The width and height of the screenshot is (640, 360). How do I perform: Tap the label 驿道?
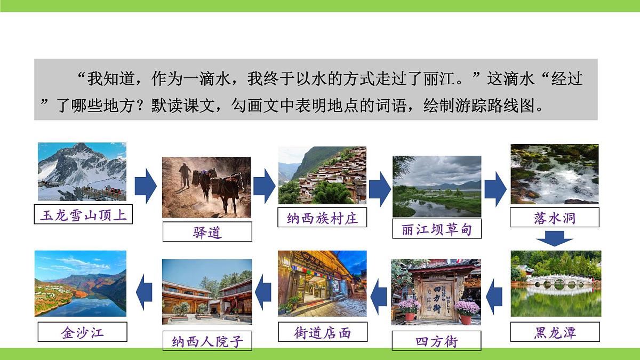tap(207, 232)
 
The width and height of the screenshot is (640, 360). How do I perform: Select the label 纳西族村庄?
tap(322, 218)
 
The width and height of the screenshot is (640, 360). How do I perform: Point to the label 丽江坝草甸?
tap(437, 229)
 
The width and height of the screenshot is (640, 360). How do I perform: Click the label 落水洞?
tap(555, 218)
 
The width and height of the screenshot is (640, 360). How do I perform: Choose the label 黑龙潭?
tap(555, 332)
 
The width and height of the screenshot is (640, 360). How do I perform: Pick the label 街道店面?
tap(322, 332)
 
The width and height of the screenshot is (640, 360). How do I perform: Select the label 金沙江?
tap(83, 332)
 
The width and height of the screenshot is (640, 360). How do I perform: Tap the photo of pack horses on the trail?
tap(206, 187)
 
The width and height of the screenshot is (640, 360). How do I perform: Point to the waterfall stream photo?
tap(554, 174)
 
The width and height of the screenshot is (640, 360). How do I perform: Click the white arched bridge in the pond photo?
tap(555, 279)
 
